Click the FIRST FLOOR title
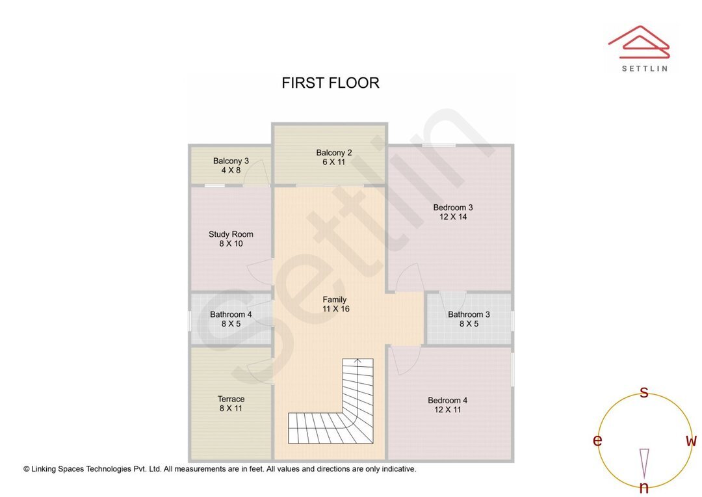(x=330, y=83)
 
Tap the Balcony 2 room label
(x=334, y=153)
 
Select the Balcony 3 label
(x=231, y=161)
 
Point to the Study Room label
(x=231, y=234)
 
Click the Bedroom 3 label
(x=453, y=208)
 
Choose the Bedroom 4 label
(x=447, y=400)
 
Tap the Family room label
(x=335, y=300)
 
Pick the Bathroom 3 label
(x=469, y=314)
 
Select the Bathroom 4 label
(x=231, y=314)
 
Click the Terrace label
(x=231, y=399)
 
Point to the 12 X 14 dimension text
(x=453, y=217)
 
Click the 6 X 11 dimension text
(x=334, y=162)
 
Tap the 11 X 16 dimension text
(x=335, y=309)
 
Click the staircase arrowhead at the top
(x=357, y=360)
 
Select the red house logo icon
(x=638, y=40)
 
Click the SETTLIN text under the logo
(x=644, y=68)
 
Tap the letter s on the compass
(x=644, y=392)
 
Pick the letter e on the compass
(x=597, y=440)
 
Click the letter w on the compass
(x=691, y=441)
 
